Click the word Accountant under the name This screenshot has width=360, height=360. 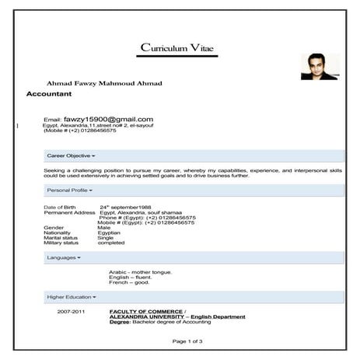[x=49, y=93]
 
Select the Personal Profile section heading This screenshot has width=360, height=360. [x=69, y=190]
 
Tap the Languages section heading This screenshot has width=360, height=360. [x=63, y=257]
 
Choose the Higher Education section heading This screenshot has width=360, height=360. [x=72, y=296]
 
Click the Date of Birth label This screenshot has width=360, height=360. [x=60, y=208]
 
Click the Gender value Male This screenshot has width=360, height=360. [x=105, y=228]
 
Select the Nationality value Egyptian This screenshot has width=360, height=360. [x=109, y=232]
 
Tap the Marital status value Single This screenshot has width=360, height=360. [x=106, y=237]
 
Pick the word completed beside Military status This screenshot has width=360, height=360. [x=111, y=243]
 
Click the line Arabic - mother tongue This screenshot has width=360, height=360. [x=141, y=271]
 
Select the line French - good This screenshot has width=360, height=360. [x=129, y=281]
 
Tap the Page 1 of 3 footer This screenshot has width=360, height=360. [x=186, y=341]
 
